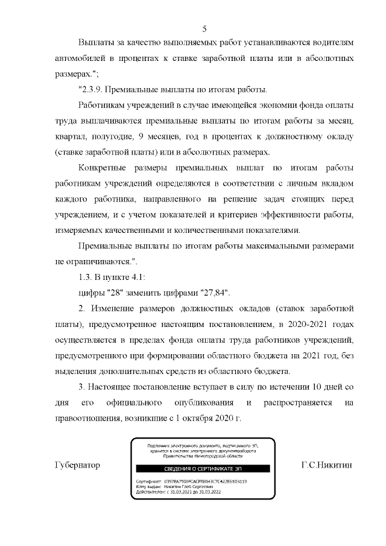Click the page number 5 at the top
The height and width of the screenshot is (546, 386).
(204, 28)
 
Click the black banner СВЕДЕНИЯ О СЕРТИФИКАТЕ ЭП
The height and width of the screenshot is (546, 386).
(204, 469)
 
